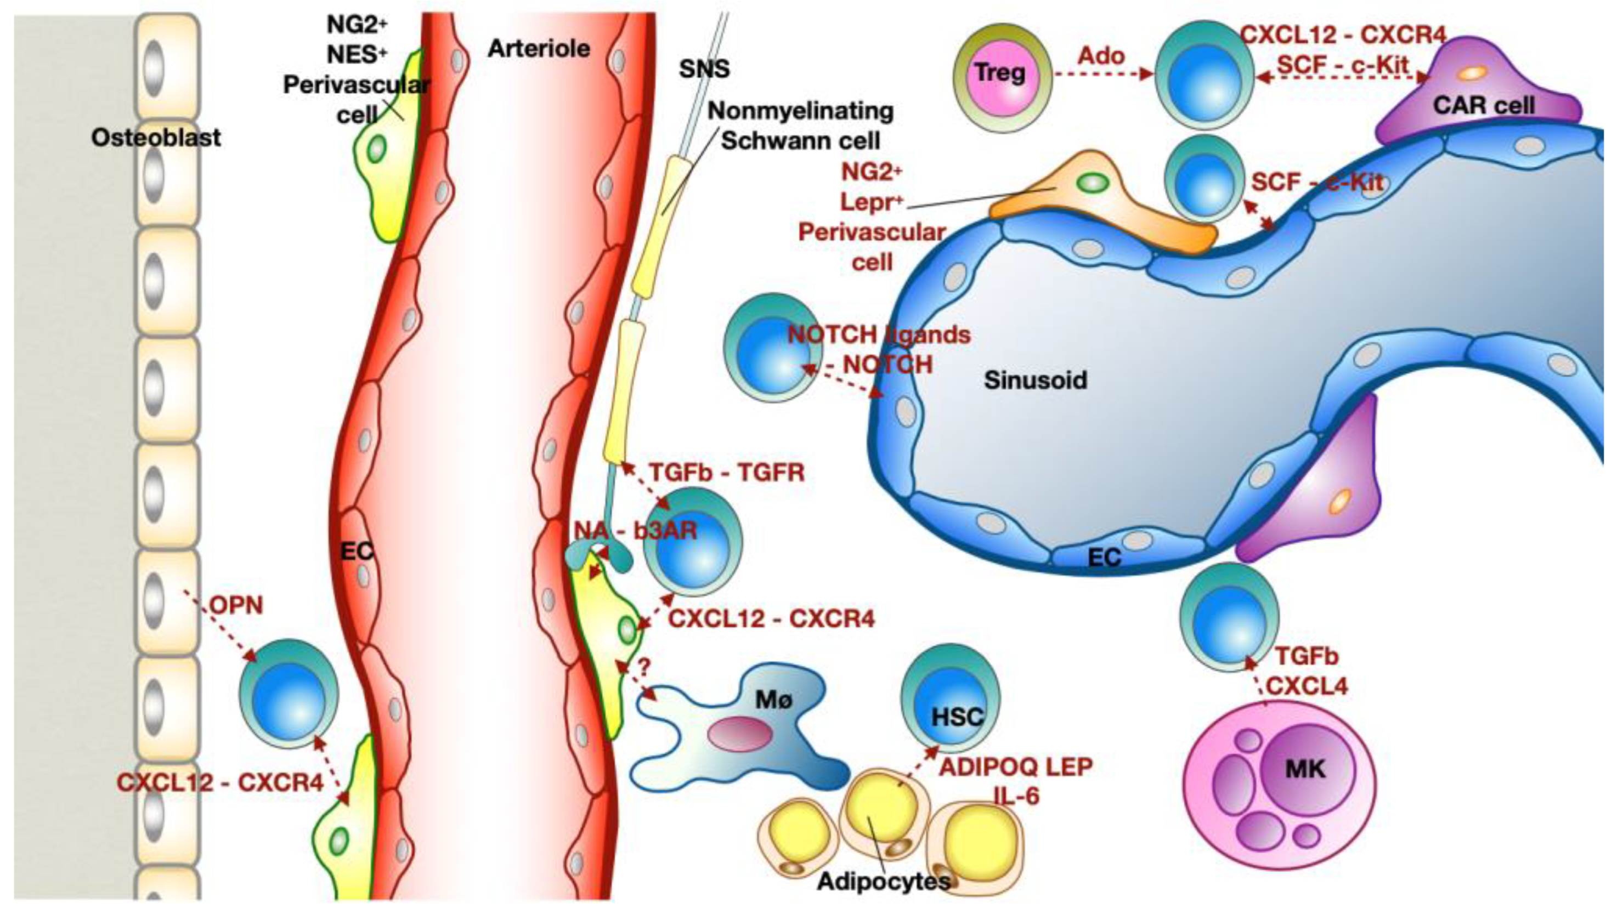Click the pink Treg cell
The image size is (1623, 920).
1000,75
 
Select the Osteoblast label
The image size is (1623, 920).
156,138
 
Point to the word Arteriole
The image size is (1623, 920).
539,49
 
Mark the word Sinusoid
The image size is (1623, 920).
1035,380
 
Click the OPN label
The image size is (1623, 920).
236,605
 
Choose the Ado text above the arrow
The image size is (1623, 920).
1101,56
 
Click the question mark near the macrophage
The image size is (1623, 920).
643,667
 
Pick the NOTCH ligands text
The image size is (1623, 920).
879,334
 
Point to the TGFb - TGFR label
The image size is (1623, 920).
726,473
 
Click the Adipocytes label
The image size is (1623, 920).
884,882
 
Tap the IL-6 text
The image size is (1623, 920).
1016,796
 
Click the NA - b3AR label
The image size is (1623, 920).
635,531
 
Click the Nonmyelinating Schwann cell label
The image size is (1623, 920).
800,125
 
